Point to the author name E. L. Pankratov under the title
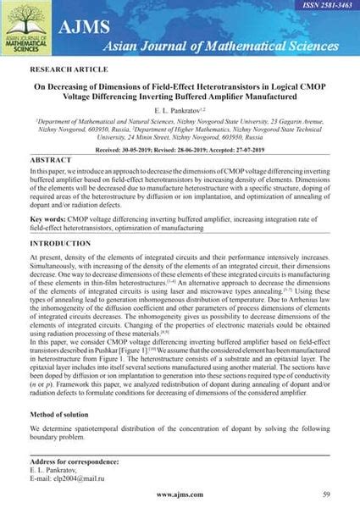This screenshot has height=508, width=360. tap(180, 110)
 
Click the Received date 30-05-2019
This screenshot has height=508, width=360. tap(151, 148)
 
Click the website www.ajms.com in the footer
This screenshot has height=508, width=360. tap(179, 493)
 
